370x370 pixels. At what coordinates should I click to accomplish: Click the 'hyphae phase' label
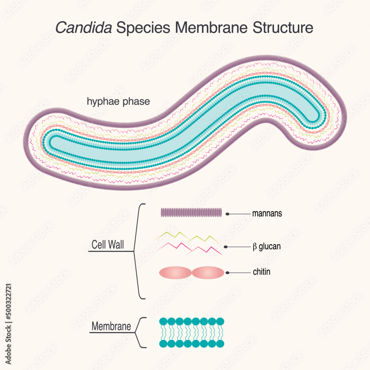coord(118,101)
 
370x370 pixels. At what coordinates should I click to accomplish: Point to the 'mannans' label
coord(267,213)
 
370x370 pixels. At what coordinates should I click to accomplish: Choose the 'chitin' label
coord(262,272)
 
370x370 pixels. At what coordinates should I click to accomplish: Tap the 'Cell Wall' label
coord(108,245)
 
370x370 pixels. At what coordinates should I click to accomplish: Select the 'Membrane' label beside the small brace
coord(111,327)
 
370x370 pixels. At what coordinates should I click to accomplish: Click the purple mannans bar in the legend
coord(191,212)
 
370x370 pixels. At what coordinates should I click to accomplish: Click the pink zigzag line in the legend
coord(189,248)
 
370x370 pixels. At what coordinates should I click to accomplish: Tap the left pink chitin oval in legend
coord(175,273)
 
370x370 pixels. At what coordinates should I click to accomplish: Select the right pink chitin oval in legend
coord(208,273)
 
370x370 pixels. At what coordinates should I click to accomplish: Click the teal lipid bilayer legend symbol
coord(192,332)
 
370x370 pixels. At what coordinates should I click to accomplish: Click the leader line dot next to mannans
coord(228,214)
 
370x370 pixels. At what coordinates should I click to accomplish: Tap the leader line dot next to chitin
coord(228,272)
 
